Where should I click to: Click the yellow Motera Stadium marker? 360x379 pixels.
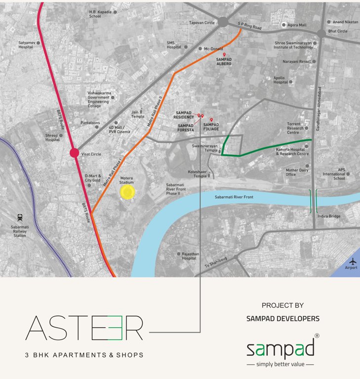click(x=127, y=192)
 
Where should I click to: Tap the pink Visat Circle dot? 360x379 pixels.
click(x=74, y=152)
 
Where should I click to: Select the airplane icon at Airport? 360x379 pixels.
click(x=353, y=262)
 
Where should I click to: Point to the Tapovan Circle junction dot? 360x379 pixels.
click(x=223, y=22)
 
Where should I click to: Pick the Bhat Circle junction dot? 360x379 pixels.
click(x=322, y=33)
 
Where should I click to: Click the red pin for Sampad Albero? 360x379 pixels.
click(x=224, y=55)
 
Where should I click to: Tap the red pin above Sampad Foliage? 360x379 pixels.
click(x=211, y=120)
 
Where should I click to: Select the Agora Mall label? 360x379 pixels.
click(x=297, y=24)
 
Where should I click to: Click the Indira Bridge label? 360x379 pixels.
click(x=328, y=216)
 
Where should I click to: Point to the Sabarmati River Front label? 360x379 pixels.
click(x=234, y=197)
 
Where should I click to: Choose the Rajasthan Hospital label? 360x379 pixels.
click(x=189, y=256)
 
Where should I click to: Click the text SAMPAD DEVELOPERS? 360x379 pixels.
click(x=282, y=319)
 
